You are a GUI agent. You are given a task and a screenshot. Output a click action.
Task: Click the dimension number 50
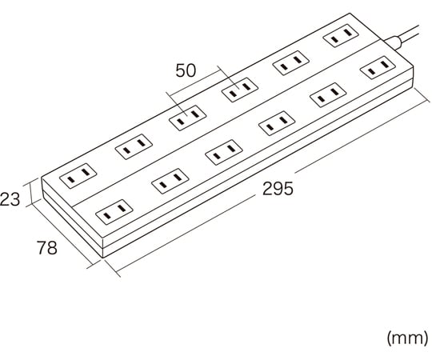tap(186, 70)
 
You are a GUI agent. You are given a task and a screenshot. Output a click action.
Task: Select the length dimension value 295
tap(278, 189)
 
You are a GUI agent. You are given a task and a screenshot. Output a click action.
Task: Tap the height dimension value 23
tap(10, 199)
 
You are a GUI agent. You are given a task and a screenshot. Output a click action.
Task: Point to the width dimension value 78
tap(47, 248)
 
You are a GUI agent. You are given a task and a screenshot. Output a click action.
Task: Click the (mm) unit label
tap(408, 338)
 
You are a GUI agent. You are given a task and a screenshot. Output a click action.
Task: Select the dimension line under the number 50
tap(195, 83)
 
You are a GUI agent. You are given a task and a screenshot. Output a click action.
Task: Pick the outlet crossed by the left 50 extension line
tap(188, 118)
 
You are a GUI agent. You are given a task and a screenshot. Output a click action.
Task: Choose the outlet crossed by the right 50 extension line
tap(240, 90)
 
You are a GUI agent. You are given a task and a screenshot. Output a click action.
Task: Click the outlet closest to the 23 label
tap(78, 175)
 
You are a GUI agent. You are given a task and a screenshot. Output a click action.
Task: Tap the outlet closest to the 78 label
tap(114, 211)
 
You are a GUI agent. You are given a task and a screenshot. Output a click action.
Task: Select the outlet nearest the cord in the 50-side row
tap(341, 36)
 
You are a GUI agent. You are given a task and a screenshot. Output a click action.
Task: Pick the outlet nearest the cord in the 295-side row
tap(378, 67)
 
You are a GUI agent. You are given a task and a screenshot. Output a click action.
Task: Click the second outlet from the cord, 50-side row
tap(291, 63)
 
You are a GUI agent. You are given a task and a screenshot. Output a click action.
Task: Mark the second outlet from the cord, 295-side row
tap(328, 94)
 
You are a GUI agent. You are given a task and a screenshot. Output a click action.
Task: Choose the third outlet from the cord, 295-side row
tap(277, 123)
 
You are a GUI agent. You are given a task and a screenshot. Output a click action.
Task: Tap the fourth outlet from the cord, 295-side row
tap(224, 152)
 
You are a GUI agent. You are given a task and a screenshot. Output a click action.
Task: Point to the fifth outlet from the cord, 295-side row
tap(170, 181)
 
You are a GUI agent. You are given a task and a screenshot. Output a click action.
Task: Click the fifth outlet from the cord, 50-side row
tap(134, 146)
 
